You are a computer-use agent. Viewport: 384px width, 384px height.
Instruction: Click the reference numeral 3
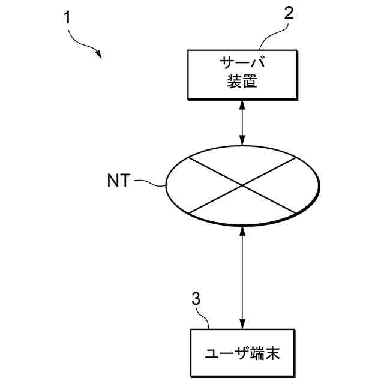(195, 299)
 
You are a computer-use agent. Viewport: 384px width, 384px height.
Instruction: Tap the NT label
(118, 181)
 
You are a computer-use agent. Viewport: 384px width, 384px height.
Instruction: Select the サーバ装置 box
(242, 74)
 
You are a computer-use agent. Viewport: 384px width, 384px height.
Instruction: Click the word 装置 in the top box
(242, 82)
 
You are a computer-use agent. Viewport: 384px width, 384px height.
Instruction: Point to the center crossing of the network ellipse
(242, 185)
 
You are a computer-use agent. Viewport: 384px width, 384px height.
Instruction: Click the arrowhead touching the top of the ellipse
(242, 142)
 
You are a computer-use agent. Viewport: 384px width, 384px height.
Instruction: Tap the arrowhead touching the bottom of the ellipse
(242, 233)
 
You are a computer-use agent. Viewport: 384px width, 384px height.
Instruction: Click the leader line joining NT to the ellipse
(148, 182)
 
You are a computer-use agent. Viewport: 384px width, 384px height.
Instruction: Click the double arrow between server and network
(242, 123)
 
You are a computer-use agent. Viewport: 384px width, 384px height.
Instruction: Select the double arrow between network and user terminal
(242, 279)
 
